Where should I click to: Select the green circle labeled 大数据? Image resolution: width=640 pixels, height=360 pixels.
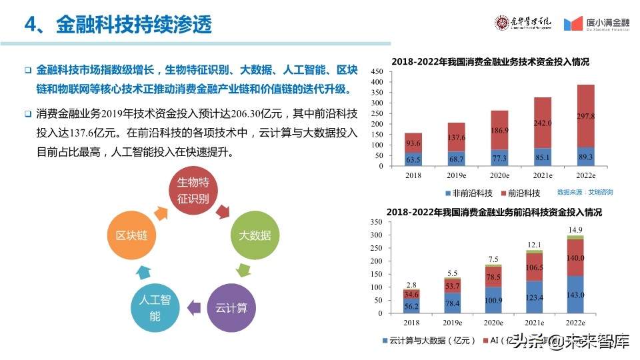click(255, 235)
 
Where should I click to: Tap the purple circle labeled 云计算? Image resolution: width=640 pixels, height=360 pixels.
click(231, 307)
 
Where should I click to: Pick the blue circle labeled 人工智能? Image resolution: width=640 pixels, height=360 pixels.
click(155, 307)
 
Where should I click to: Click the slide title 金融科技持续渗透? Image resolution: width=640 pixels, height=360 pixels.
click(133, 25)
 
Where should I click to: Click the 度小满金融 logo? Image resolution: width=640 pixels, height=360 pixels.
click(597, 24)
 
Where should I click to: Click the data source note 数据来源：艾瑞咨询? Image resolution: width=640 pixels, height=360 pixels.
click(585, 192)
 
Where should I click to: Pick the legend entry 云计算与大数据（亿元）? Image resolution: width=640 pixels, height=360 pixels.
click(429, 341)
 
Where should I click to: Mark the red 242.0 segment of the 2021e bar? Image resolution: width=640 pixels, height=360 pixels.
click(543, 123)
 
